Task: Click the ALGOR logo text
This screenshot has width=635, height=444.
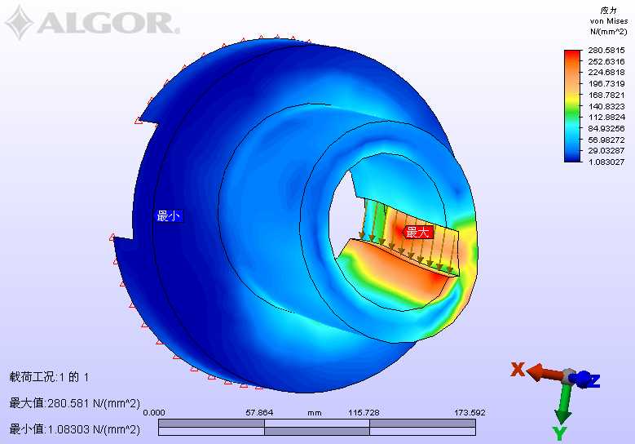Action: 108,23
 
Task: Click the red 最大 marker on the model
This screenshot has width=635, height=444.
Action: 418,233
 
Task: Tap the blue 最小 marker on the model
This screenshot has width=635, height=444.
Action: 169,215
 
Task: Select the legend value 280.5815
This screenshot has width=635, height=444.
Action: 606,51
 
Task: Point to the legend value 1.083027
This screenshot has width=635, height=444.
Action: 606,162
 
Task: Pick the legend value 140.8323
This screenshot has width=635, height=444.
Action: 606,106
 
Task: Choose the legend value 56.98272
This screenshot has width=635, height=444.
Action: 606,140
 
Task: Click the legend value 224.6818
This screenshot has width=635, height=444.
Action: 606,73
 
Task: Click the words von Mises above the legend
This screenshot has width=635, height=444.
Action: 608,21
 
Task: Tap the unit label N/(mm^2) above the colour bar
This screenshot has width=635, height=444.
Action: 608,31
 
